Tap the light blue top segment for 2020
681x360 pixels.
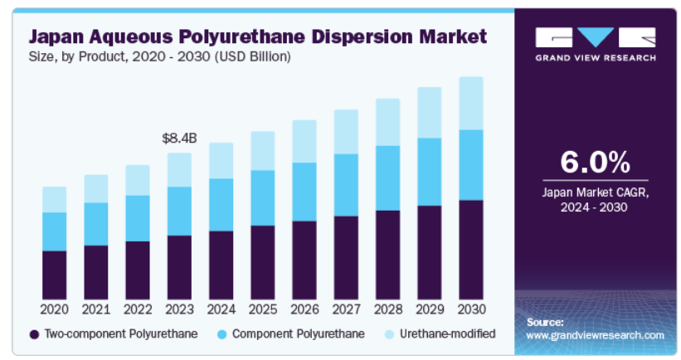55,199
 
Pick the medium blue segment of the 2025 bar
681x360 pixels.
262,197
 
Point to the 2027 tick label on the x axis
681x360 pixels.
346,309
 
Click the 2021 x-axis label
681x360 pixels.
96,309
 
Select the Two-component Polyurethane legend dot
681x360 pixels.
34,334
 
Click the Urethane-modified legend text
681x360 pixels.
449,333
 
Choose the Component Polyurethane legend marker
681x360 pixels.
221,334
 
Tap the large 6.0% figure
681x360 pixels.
595,160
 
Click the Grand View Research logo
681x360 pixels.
595,44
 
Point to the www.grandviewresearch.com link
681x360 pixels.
595,335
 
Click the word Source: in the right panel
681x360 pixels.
545,322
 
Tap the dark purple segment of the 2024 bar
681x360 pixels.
221,265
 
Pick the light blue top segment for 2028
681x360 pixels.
387,122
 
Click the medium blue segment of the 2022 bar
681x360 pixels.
138,218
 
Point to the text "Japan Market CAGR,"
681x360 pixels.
595,192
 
